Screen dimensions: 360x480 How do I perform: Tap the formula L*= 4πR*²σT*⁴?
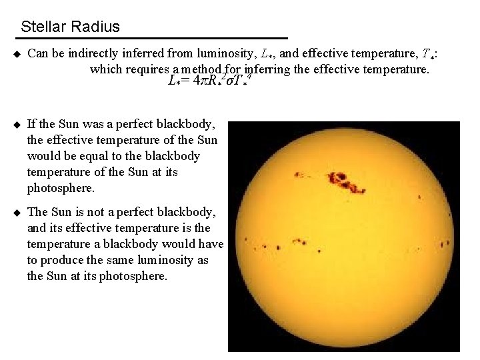point(211,81)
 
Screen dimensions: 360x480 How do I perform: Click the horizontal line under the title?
point(153,37)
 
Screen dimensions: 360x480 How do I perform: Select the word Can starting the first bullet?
point(38,54)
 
